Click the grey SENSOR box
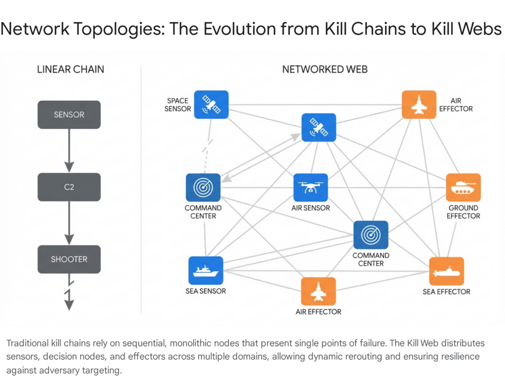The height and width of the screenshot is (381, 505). [x=69, y=114]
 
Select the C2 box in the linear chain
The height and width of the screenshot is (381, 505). [x=69, y=187]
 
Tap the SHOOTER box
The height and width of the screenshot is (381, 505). [x=69, y=259]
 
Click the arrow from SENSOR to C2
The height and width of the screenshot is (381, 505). [x=69, y=150]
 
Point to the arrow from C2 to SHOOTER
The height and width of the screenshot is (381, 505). [x=69, y=223]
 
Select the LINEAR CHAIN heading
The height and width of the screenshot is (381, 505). [x=71, y=69]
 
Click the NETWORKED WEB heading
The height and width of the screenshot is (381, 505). [x=325, y=69]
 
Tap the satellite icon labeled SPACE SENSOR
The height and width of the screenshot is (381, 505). [x=211, y=105]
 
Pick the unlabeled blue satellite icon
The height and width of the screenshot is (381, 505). [x=319, y=127]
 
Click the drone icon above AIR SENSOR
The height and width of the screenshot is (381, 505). [x=311, y=188]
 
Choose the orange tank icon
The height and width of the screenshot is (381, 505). [x=463, y=188]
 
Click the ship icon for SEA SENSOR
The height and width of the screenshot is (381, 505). [x=206, y=270]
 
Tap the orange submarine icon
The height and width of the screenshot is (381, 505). [x=446, y=271]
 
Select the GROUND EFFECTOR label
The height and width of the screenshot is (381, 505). [x=464, y=212]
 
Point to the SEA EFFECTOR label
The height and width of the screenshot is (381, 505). [x=446, y=292]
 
